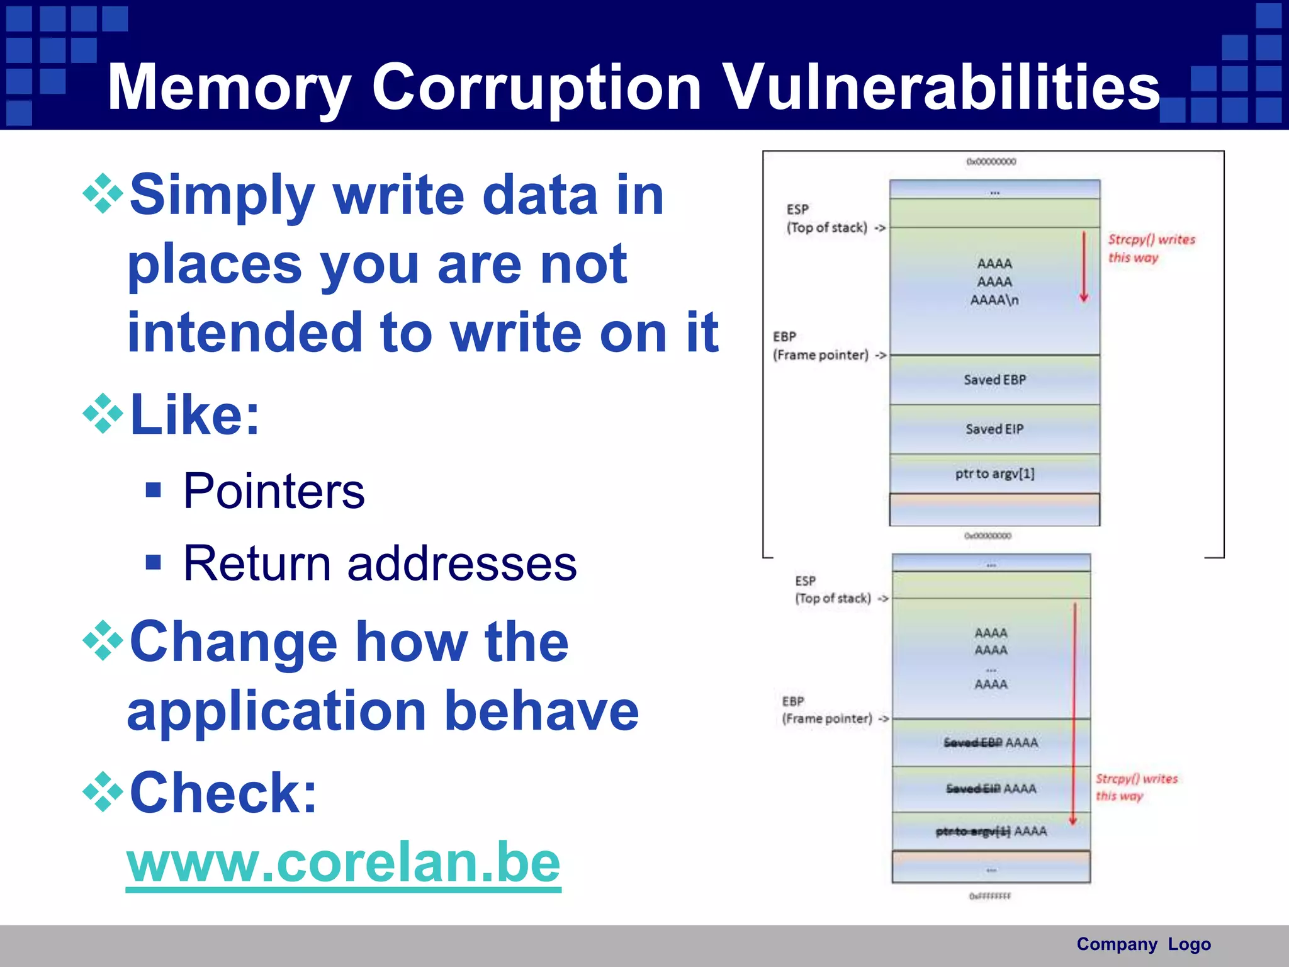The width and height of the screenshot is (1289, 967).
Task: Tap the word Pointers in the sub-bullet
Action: coord(274,491)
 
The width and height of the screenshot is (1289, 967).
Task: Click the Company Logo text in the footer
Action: coord(1143,944)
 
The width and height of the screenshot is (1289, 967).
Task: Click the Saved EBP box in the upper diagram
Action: coord(994,380)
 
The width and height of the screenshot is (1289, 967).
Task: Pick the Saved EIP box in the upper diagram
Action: coord(994,429)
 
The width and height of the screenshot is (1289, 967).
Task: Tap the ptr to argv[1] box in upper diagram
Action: coord(994,473)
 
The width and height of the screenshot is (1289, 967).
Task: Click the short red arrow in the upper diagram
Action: coord(1084,268)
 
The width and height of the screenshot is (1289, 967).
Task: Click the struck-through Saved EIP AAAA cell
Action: coord(991,789)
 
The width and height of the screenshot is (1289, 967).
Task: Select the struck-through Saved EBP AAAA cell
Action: coord(991,743)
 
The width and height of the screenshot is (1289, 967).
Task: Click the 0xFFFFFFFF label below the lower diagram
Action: coord(990,896)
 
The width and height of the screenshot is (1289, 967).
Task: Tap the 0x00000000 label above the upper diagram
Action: coord(991,162)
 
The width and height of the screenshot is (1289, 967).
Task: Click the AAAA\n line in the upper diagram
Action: coord(994,300)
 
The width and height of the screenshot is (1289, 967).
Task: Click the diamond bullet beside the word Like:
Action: coord(103,414)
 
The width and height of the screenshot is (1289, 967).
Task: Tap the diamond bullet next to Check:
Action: coord(103,791)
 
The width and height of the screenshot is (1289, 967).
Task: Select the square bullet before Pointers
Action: coord(153,490)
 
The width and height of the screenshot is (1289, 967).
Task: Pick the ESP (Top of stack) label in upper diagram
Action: coord(828,218)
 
